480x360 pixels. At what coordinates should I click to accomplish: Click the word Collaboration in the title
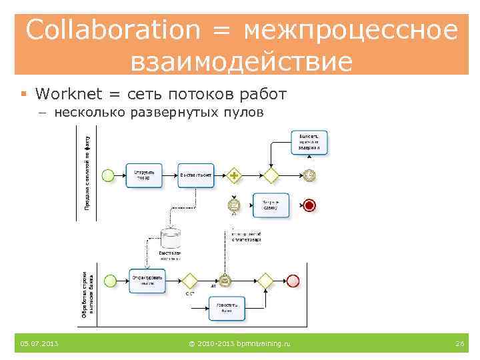113,30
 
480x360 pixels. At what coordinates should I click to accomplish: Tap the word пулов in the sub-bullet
243,112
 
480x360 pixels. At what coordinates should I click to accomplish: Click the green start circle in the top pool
108,175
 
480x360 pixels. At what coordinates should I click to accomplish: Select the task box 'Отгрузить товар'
143,175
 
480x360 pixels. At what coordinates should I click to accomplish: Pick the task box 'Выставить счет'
196,175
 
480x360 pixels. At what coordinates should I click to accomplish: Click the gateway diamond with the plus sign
234,175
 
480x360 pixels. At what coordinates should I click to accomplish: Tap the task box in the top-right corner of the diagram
309,143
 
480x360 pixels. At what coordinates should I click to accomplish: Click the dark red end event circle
309,205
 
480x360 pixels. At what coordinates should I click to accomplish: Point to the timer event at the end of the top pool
309,175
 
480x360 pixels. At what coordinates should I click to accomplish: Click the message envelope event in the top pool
234,205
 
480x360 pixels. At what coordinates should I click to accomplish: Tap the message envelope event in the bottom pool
225,281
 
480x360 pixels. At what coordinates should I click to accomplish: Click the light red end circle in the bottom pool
293,281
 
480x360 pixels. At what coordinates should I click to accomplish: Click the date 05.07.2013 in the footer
39,343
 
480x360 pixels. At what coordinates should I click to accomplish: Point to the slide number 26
459,343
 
